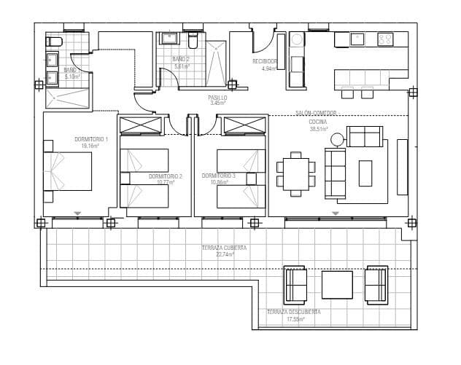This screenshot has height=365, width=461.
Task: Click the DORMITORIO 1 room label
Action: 91,139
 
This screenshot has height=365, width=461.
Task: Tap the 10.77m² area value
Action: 166,182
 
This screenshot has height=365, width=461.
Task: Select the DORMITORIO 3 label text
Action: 219,176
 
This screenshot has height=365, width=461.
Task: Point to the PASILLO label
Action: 218,97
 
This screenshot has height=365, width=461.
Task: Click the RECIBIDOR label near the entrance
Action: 266,62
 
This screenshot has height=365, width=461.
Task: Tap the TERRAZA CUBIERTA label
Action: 224,248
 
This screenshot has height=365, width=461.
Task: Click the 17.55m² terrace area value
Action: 293,319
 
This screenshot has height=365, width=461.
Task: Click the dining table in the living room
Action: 295,174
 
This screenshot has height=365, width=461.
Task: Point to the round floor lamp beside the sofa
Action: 337,138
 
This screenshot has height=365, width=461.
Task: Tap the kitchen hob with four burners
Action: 386,39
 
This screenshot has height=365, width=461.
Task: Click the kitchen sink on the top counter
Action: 357,39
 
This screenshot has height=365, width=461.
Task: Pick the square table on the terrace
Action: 337,285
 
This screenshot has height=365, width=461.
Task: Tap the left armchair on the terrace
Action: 295,285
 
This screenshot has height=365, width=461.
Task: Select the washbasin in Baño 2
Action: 169,39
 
